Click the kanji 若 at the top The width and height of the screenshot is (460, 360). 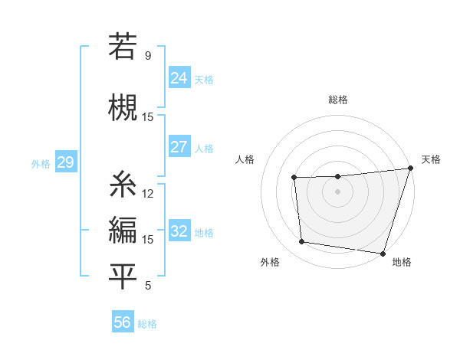click(x=123, y=46)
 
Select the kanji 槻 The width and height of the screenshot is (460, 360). click(x=123, y=106)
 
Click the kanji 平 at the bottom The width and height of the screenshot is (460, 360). click(x=123, y=277)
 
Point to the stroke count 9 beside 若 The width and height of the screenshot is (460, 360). click(x=148, y=56)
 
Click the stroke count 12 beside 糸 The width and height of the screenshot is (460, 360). click(x=148, y=194)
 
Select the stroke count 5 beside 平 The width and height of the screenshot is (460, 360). click(x=148, y=286)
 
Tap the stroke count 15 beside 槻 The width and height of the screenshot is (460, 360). click(x=148, y=117)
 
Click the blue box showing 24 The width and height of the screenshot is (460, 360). click(x=179, y=78)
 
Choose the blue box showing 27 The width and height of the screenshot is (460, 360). click(x=179, y=148)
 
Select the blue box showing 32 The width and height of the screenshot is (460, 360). click(x=179, y=232)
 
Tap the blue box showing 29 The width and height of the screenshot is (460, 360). click(x=65, y=162)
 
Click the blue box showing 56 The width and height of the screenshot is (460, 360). click(x=123, y=322)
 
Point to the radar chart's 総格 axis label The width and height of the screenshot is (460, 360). click(x=338, y=100)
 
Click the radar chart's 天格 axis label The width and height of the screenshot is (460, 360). click(x=431, y=159)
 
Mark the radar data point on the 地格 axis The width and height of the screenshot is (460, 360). click(x=383, y=254)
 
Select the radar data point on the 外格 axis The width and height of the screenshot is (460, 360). click(x=302, y=242)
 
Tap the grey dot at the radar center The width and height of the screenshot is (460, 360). click(x=337, y=192)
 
